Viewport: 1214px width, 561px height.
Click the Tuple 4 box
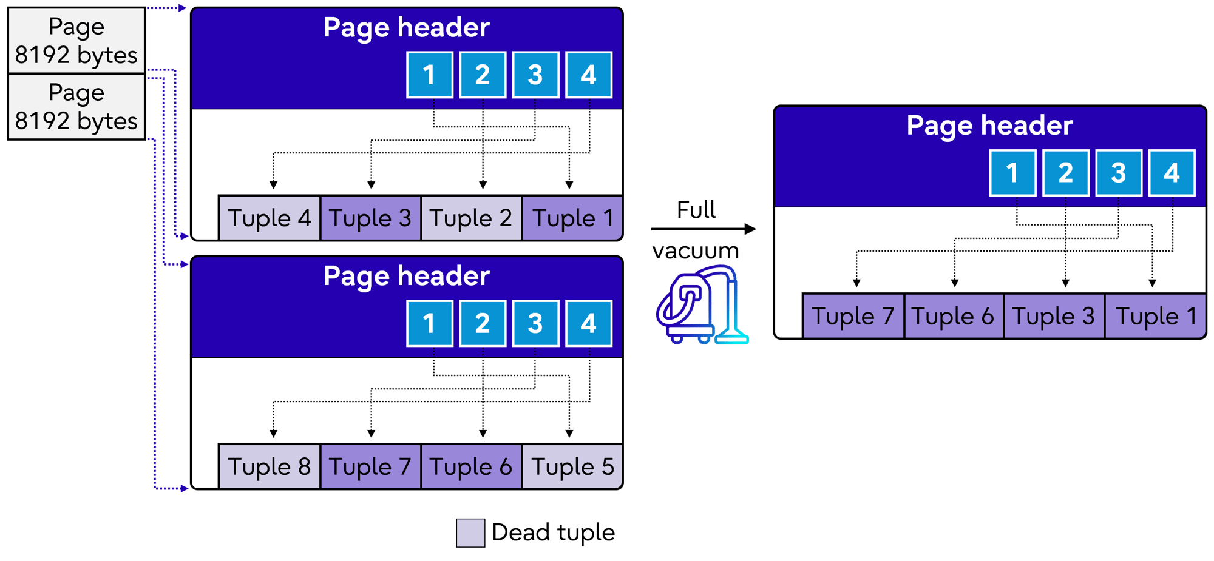click(269, 218)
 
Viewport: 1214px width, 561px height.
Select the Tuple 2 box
click(471, 218)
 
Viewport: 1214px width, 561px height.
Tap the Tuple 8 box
click(269, 467)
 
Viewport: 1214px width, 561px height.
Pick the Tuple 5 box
click(572, 467)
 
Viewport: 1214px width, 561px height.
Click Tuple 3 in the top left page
click(370, 218)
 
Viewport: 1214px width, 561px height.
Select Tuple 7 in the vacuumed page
click(853, 317)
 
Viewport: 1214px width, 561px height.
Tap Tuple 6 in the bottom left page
click(471, 467)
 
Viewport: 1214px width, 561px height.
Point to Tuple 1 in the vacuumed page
click(1155, 317)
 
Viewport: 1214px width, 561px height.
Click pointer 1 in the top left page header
click(430, 75)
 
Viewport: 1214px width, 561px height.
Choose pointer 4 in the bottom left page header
click(589, 323)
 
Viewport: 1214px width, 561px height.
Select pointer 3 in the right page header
click(1119, 173)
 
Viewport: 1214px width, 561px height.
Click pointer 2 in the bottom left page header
click(483, 323)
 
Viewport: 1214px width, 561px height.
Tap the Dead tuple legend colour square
click(470, 533)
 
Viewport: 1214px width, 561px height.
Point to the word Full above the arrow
click(696, 210)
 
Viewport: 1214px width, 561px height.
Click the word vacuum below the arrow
click(696, 250)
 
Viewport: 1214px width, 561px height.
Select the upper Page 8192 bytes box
click(76, 41)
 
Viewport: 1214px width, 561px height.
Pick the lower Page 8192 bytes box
click(76, 107)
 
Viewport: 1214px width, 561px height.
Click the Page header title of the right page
click(989, 126)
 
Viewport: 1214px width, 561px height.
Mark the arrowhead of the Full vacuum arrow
click(751, 229)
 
